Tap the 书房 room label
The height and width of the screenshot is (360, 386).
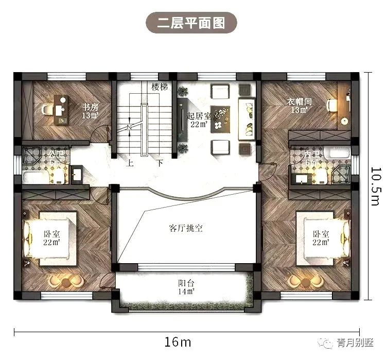tap(90, 107)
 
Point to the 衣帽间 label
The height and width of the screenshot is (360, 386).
tap(299, 101)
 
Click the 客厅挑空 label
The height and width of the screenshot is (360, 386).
tap(185, 228)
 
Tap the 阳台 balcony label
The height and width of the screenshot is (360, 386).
tap(186, 283)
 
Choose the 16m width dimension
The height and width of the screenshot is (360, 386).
tap(179, 342)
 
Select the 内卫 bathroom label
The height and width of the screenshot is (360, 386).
tap(310, 154)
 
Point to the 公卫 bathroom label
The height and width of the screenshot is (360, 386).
tap(54, 154)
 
